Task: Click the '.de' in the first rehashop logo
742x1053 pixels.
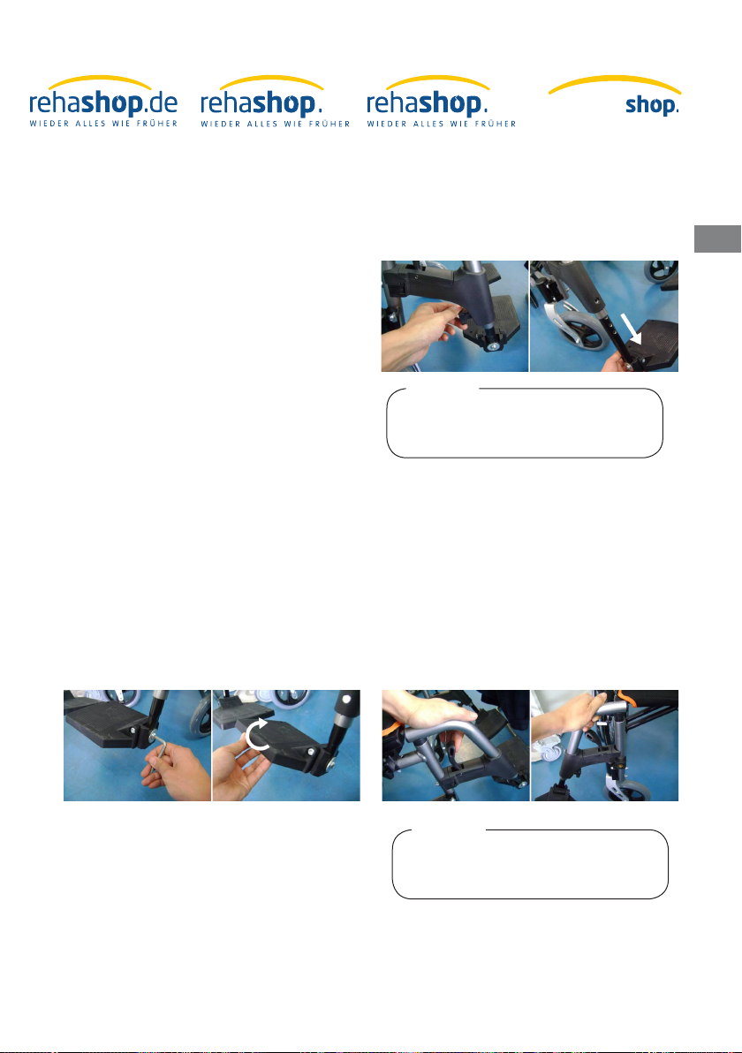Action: [x=161, y=103]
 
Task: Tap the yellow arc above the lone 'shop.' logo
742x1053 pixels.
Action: [x=615, y=81]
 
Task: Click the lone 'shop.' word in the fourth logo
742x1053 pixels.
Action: [x=652, y=105]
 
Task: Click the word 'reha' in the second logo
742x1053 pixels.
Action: [x=226, y=103]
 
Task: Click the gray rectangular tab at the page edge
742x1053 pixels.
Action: [x=717, y=239]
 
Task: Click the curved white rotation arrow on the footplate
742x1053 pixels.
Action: [x=256, y=734]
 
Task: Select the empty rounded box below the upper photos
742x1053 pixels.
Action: [x=525, y=423]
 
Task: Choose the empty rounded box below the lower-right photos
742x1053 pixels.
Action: [x=530, y=864]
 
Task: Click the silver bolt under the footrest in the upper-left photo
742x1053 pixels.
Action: [x=494, y=346]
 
